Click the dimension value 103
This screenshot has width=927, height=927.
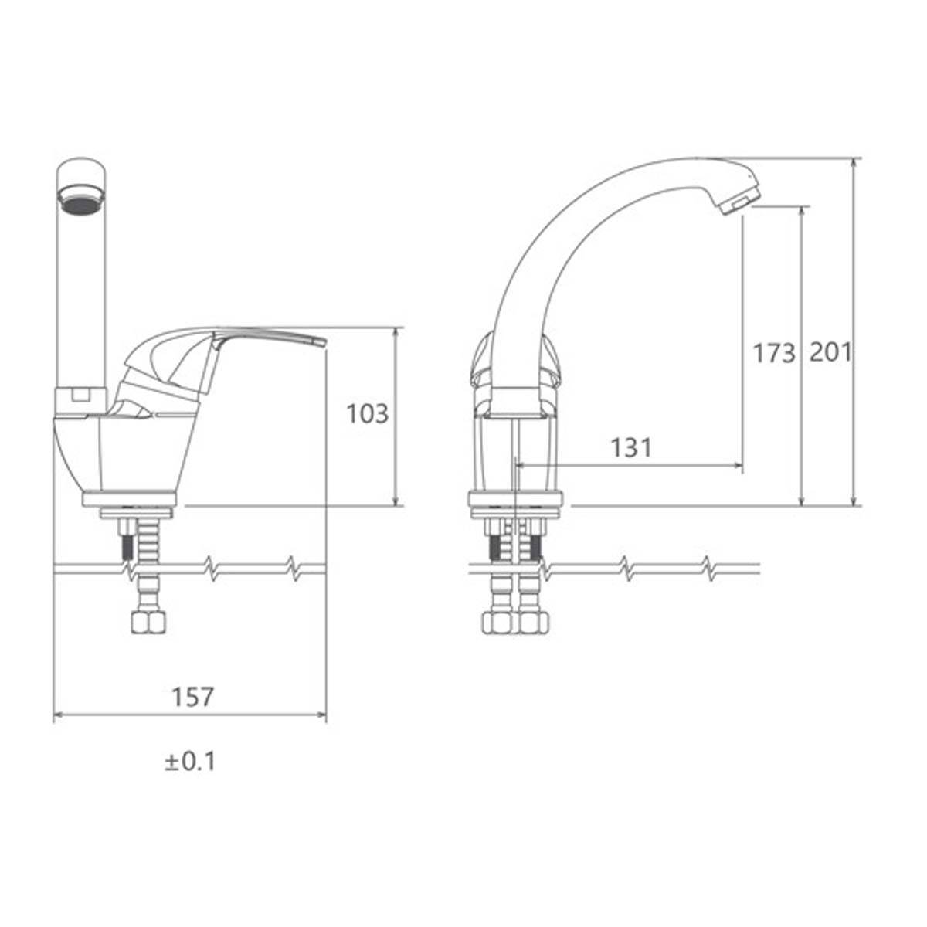(x=368, y=414)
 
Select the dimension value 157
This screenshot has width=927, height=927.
(x=192, y=697)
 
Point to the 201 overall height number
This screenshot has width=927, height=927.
(x=830, y=352)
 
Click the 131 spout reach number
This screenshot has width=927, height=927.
(x=631, y=448)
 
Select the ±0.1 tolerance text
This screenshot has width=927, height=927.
(x=190, y=762)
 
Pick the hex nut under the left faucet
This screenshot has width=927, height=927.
(x=148, y=624)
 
